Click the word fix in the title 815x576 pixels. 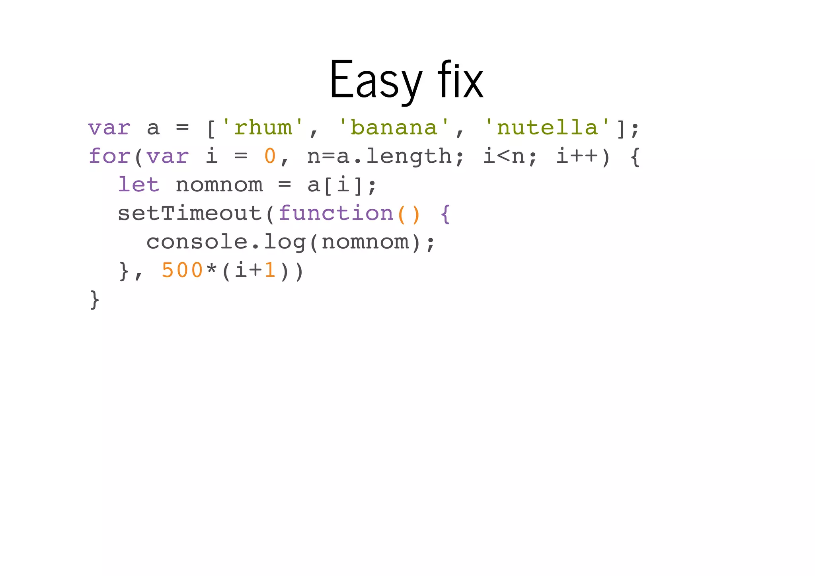pos(460,80)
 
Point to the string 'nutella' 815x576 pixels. pos(547,128)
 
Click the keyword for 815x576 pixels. pos(109,156)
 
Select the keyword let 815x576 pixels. pos(138,185)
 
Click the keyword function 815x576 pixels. pos(336,214)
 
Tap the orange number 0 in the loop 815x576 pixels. pos(270,156)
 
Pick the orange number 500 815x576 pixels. pos(182,271)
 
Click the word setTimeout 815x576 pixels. pos(189,214)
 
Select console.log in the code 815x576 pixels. pos(226,242)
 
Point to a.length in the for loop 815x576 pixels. pos(394,156)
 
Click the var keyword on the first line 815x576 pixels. pos(109,128)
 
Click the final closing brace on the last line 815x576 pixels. pos(94,300)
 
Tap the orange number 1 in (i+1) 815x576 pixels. pos(270,271)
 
